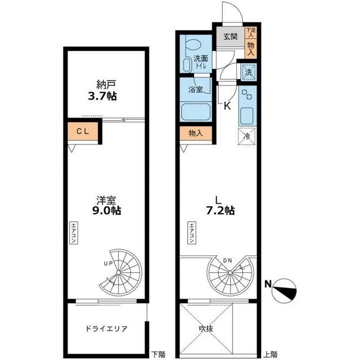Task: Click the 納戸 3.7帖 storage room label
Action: (x=102, y=91)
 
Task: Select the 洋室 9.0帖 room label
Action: (x=106, y=205)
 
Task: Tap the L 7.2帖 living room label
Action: (x=220, y=205)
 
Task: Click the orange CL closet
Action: (x=83, y=131)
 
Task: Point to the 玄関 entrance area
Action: (x=231, y=37)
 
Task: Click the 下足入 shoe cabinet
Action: (x=250, y=33)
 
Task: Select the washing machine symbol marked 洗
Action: (x=249, y=73)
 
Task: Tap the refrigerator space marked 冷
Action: (x=247, y=136)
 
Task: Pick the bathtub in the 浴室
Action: (x=196, y=112)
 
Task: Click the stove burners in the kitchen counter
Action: (x=247, y=94)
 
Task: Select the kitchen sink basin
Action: (x=247, y=115)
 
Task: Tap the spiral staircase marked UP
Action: (x=120, y=272)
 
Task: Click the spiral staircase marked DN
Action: (x=230, y=272)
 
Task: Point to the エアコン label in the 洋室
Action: (x=74, y=232)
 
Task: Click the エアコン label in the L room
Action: (x=192, y=232)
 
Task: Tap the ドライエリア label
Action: (x=106, y=328)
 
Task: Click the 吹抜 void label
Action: (x=206, y=328)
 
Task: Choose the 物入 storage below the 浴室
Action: (x=196, y=133)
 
